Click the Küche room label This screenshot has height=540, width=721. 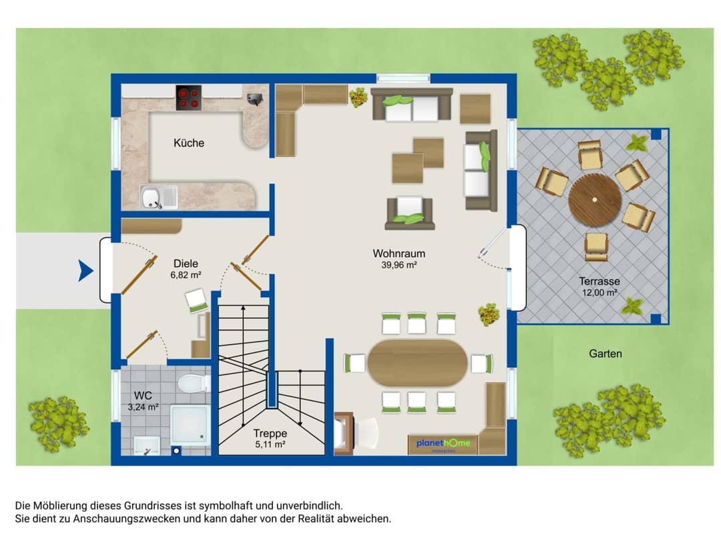click(x=188, y=143)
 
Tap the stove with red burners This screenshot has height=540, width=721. click(x=188, y=98)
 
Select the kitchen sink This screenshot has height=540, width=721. click(x=159, y=197)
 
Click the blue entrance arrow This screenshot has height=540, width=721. click(x=85, y=270)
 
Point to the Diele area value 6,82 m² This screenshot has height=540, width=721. click(x=186, y=275)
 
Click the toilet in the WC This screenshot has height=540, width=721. click(x=193, y=383)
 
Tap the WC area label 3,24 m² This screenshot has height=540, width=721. click(x=143, y=407)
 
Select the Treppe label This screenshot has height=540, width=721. click(x=270, y=433)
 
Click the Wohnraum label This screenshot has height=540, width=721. click(x=399, y=253)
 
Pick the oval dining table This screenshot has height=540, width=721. click(x=417, y=362)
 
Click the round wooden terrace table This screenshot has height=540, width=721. click(x=595, y=200)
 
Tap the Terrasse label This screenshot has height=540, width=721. click(x=599, y=281)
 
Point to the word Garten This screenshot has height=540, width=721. click(x=605, y=353)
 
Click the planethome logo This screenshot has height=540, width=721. click(x=443, y=443)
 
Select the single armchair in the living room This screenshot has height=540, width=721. click(x=410, y=213)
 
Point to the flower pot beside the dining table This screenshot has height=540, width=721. click(x=488, y=314)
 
